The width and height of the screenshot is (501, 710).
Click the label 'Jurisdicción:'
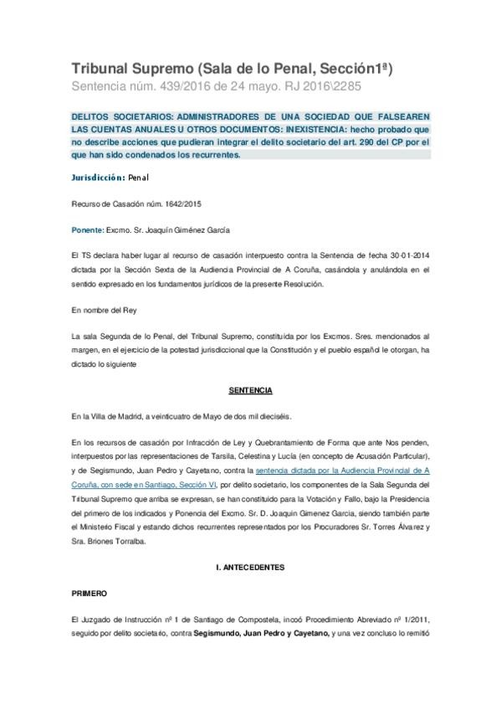(98, 177)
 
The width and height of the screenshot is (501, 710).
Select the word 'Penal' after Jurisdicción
(139, 177)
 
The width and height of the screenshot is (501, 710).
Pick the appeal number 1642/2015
(172, 203)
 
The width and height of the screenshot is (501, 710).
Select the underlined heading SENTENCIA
(250, 390)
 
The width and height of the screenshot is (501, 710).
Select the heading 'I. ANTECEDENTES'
(250, 566)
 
